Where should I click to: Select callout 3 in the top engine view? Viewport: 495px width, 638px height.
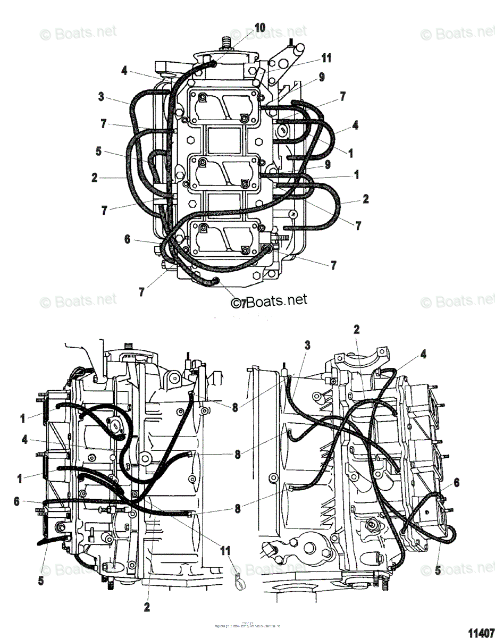pyautogui.click(x=101, y=97)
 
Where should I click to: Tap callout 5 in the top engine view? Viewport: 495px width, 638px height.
pyautogui.click(x=98, y=150)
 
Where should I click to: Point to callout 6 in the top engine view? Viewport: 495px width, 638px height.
pyautogui.click(x=127, y=240)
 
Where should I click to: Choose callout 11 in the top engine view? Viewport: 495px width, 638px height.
pyautogui.click(x=326, y=58)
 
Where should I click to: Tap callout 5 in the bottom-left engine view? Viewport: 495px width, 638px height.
pyautogui.click(x=41, y=581)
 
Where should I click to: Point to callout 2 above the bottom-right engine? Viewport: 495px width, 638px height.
pyautogui.click(x=357, y=329)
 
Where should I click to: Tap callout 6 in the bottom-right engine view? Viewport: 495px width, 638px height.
pyautogui.click(x=456, y=482)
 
